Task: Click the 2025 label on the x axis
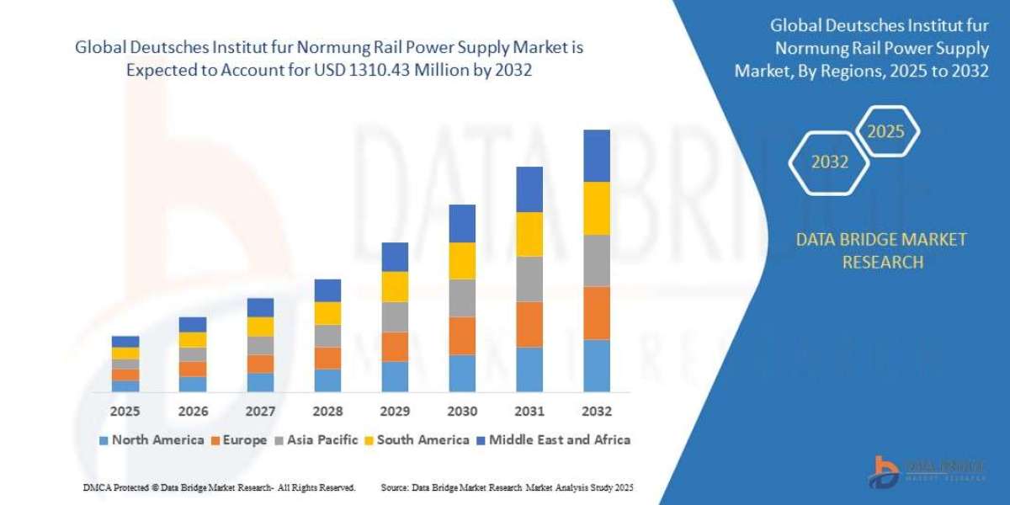pos(125,412)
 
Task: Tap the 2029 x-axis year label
pos(395,412)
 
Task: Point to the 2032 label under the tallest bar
pos(596,412)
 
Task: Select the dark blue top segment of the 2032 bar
pos(596,156)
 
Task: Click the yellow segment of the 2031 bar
pos(529,234)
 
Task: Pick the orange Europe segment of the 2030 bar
pos(462,336)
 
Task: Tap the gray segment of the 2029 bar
pos(395,316)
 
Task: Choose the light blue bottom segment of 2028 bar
pos(327,380)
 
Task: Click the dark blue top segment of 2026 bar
pos(193,324)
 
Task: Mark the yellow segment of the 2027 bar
pos(260,327)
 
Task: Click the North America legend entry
pos(151,439)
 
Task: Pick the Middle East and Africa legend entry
pos(553,439)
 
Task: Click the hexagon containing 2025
pos(885,132)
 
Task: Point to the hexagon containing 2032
pos(829,162)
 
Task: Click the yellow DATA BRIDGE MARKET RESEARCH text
pos(881,251)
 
